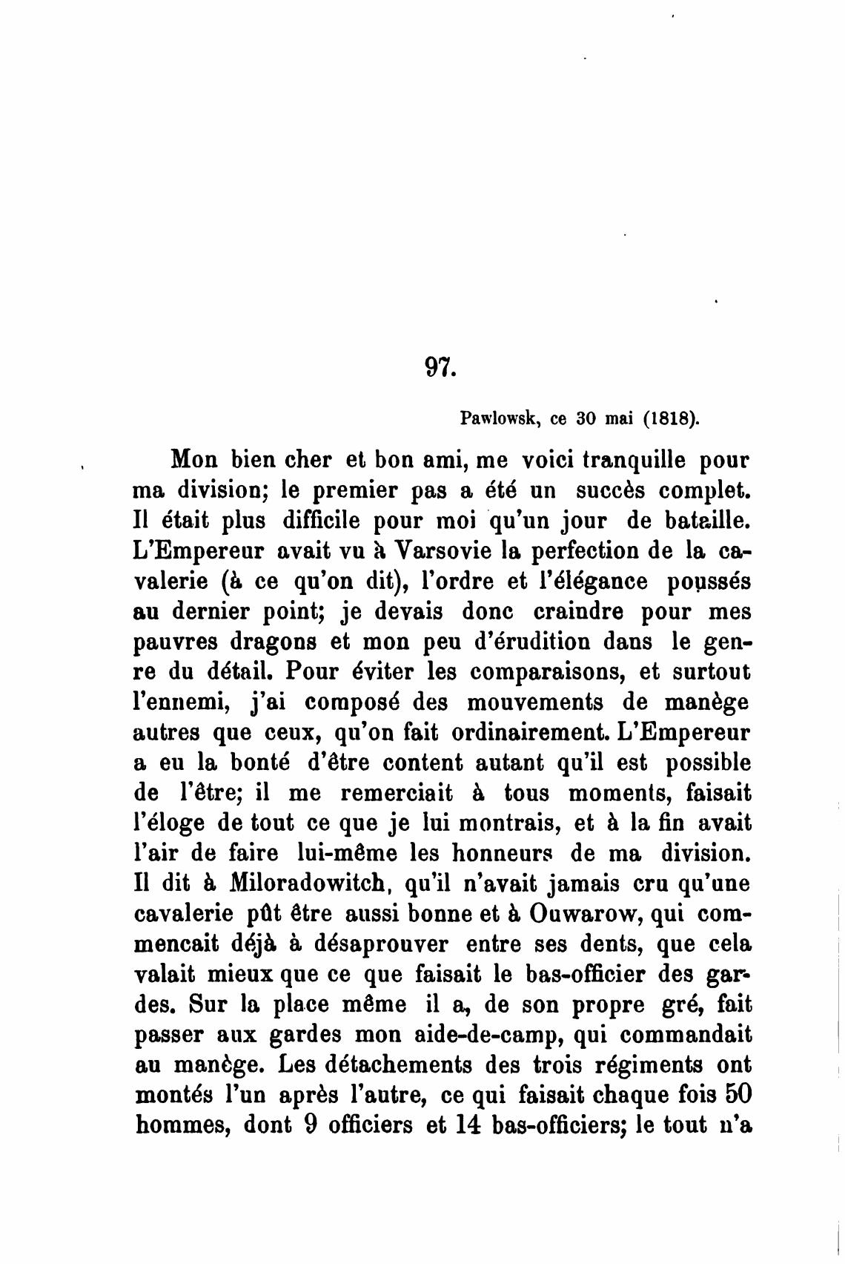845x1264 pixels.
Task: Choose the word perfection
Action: tap(577, 551)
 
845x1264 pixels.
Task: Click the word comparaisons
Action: tap(546, 671)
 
